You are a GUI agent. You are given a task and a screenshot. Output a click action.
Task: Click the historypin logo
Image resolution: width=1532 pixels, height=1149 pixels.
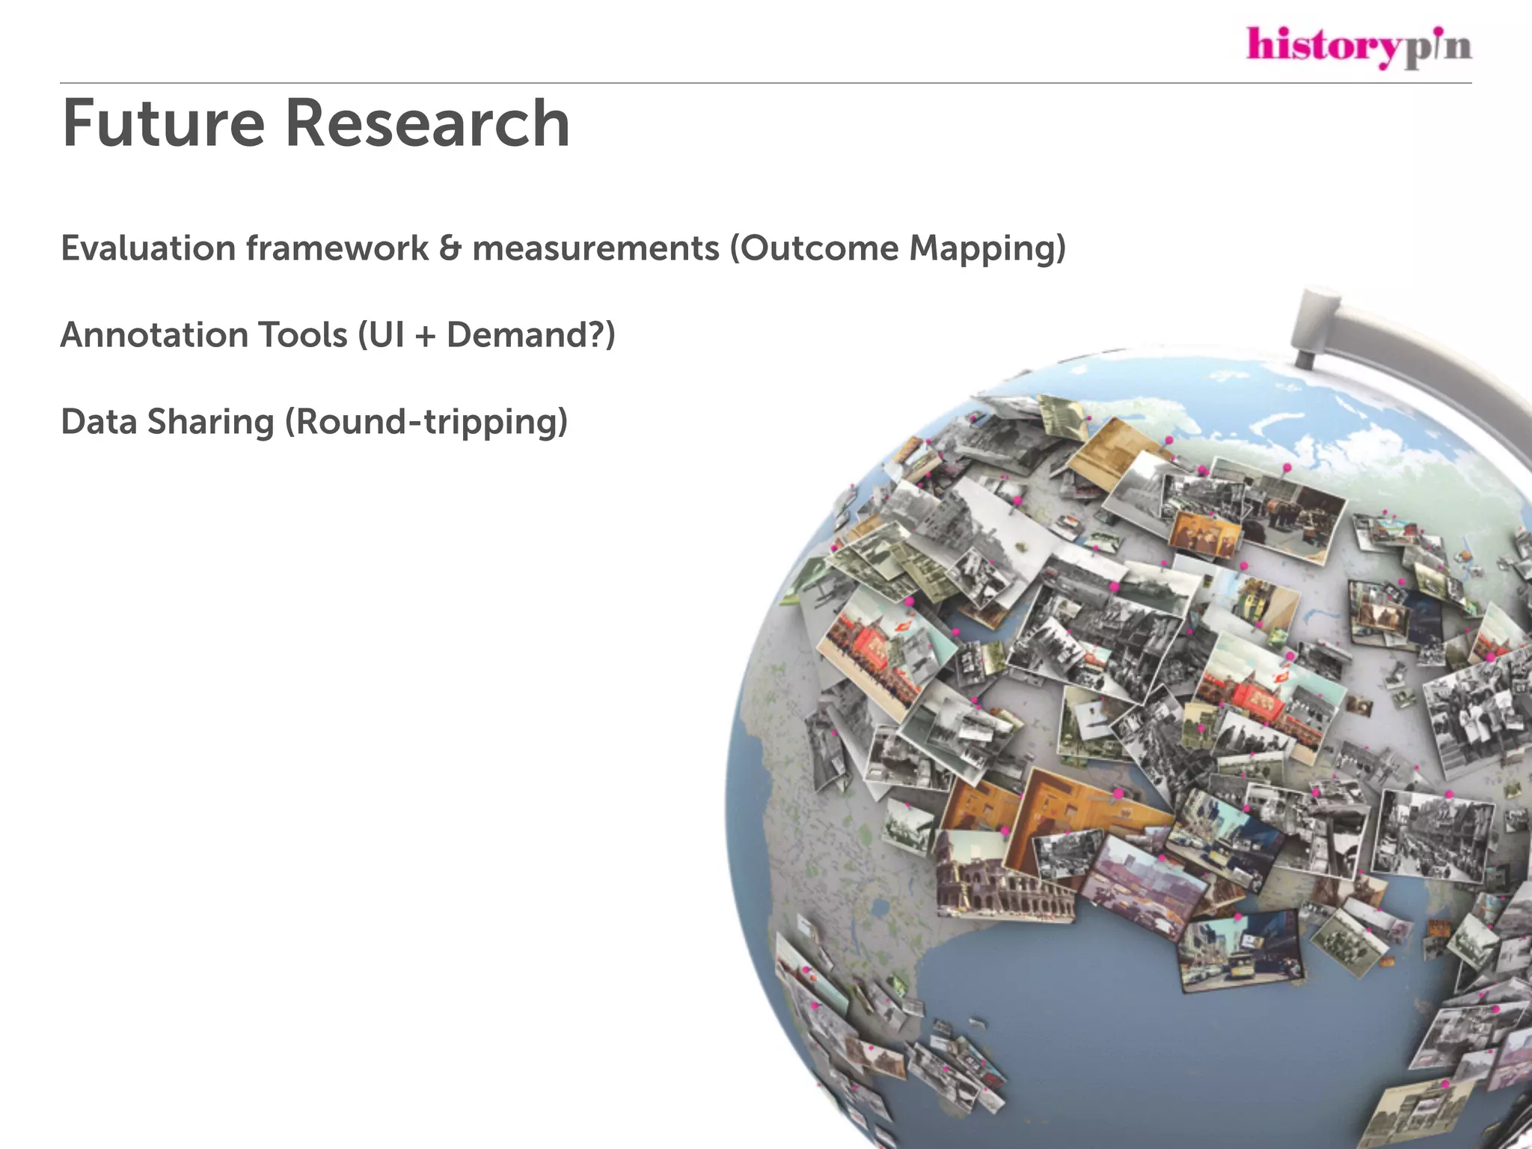tap(1358, 46)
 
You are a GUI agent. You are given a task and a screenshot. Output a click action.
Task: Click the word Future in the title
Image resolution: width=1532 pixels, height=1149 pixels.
tap(163, 123)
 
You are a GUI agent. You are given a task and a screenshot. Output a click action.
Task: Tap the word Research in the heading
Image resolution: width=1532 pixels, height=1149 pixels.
tap(427, 123)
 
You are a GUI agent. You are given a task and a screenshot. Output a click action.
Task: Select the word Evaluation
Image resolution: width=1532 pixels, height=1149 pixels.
tap(148, 248)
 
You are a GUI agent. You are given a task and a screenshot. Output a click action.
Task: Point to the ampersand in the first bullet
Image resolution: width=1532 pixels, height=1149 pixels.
tap(450, 248)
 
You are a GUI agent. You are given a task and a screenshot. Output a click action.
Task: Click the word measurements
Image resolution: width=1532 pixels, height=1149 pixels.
tap(595, 248)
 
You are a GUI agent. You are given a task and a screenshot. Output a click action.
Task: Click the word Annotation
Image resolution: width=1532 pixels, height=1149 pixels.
tap(153, 335)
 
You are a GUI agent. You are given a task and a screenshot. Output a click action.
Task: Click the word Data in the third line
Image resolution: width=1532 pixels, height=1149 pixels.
tap(98, 422)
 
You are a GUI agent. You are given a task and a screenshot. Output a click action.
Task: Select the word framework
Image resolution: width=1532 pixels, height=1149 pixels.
tap(337, 248)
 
